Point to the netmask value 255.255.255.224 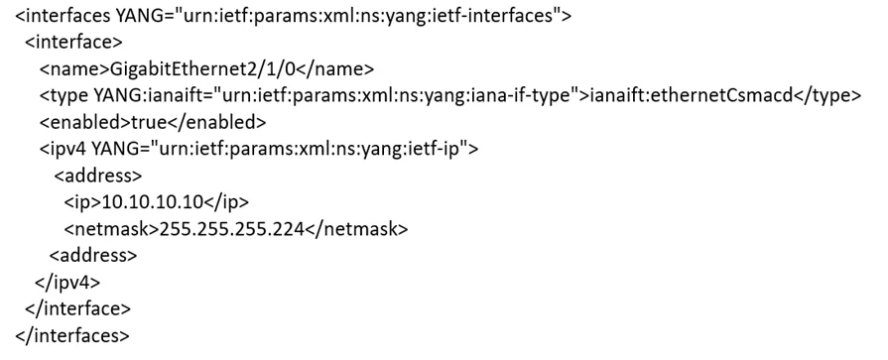point(232,229)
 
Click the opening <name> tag point(73,69)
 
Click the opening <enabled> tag point(85,122)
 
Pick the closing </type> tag point(826,95)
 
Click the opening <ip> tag point(82,202)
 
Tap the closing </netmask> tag point(356,229)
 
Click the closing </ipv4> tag point(67,282)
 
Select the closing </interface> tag point(78,308)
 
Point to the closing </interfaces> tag point(72,335)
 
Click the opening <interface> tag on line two point(73,43)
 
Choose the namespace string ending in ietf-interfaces point(368,16)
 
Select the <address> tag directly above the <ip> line point(98,176)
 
